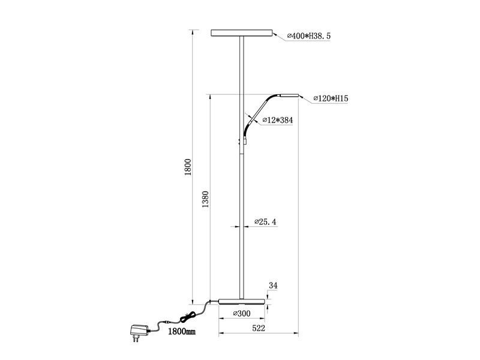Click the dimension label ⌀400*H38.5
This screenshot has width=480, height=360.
pyautogui.click(x=309, y=37)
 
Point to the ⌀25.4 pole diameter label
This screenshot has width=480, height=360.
pyautogui.click(x=265, y=222)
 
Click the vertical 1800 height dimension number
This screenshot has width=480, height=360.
pyautogui.click(x=187, y=166)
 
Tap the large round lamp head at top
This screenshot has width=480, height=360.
pyautogui.click(x=242, y=33)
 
